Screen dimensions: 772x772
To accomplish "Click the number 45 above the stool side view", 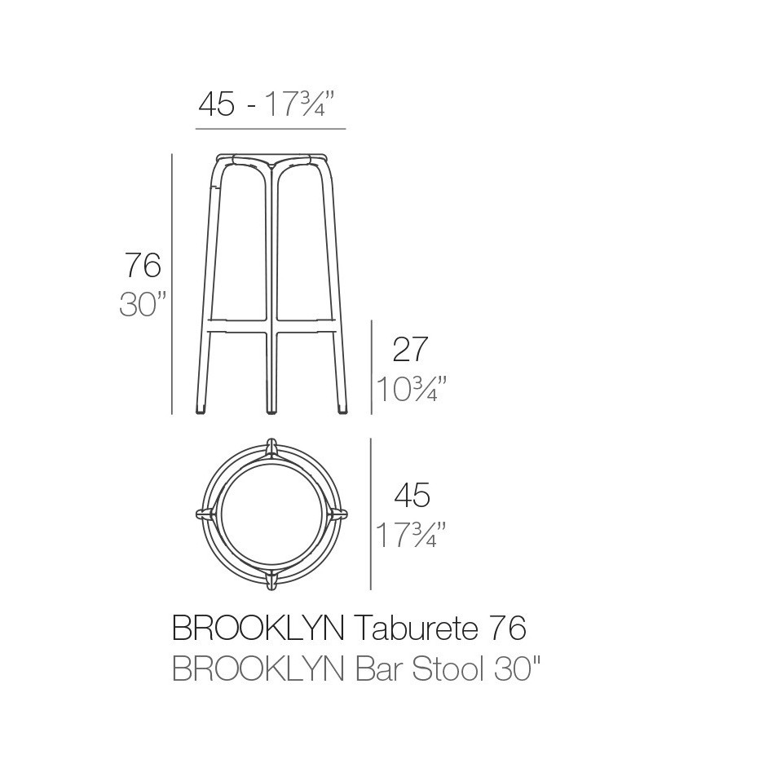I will pyautogui.click(x=217, y=105).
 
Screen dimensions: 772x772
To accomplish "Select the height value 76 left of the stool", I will pyautogui.click(x=143, y=266).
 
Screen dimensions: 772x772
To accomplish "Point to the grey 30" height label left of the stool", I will pyautogui.click(x=143, y=304).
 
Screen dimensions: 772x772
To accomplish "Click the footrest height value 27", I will pyautogui.click(x=410, y=350).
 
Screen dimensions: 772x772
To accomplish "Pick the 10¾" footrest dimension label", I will pyautogui.click(x=411, y=389).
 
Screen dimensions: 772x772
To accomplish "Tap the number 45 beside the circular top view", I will pyautogui.click(x=412, y=495).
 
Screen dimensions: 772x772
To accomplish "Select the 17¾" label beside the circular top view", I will pyautogui.click(x=411, y=536).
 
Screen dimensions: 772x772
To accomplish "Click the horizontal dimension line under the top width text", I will pyautogui.click(x=271, y=129).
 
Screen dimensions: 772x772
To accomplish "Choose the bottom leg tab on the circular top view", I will pyautogui.click(x=273, y=580).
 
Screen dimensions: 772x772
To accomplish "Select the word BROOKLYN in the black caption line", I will pyautogui.click(x=258, y=629).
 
